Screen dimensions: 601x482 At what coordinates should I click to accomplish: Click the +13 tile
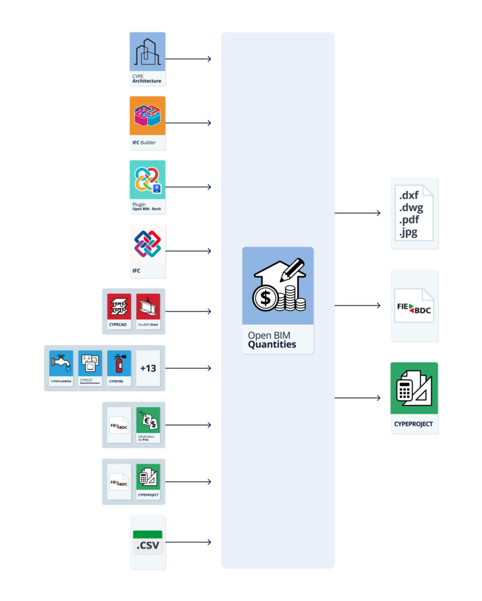coord(148,368)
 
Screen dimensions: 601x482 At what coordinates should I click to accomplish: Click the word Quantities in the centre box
coord(271,345)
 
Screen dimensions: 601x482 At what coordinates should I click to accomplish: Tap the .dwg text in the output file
coord(411,207)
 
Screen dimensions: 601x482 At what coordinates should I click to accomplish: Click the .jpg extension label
coord(409,233)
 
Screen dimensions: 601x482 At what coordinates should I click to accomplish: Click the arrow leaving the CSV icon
coord(188,542)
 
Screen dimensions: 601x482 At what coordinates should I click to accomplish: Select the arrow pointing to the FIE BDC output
coord(357,305)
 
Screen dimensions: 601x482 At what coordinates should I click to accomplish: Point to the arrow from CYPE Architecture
coord(188,59)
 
